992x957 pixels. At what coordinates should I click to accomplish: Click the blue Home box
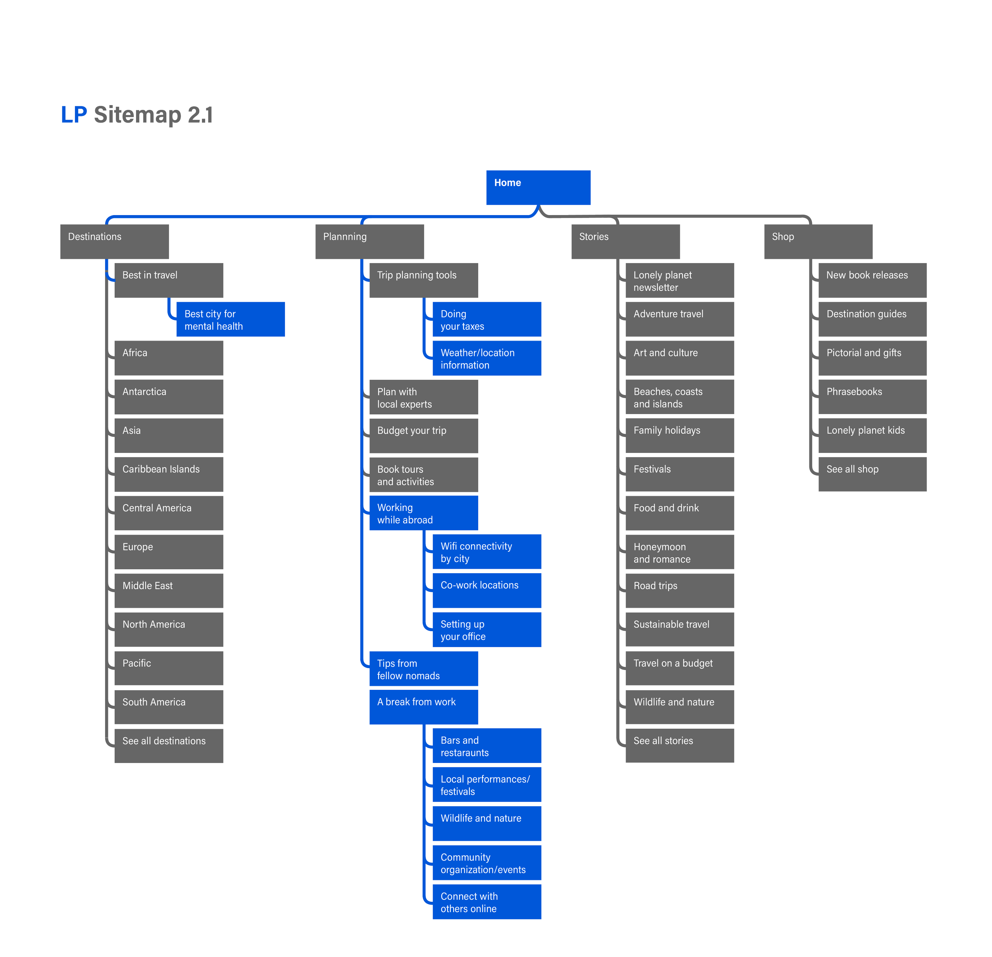point(538,187)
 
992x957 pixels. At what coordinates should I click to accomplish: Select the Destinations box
point(115,241)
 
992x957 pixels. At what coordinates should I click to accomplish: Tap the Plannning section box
point(369,241)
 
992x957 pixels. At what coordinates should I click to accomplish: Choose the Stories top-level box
point(626,241)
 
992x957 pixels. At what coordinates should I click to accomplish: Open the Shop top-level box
point(818,241)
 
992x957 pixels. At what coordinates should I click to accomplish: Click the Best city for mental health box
point(230,319)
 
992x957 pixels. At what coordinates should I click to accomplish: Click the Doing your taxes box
point(487,319)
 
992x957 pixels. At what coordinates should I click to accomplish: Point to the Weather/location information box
point(487,358)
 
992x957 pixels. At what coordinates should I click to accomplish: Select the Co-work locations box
point(487,590)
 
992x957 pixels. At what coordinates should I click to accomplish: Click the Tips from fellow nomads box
point(424,668)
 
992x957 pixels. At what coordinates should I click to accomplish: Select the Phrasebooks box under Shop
point(873,397)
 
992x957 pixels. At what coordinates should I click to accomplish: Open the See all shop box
point(873,474)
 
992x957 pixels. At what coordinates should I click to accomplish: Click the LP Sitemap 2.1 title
point(136,114)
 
